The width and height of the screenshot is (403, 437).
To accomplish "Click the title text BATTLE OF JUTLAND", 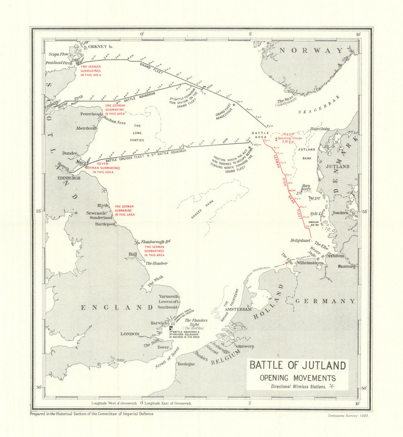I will (297, 365).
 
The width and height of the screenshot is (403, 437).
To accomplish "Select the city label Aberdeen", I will (86, 128).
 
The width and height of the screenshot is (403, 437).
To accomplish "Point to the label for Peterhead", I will (91, 114).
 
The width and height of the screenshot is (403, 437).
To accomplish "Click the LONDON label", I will (130, 334).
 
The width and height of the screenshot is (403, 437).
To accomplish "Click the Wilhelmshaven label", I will (310, 263).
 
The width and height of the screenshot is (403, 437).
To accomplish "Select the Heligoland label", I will (301, 240).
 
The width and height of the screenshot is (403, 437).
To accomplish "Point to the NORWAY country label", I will (311, 50).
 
